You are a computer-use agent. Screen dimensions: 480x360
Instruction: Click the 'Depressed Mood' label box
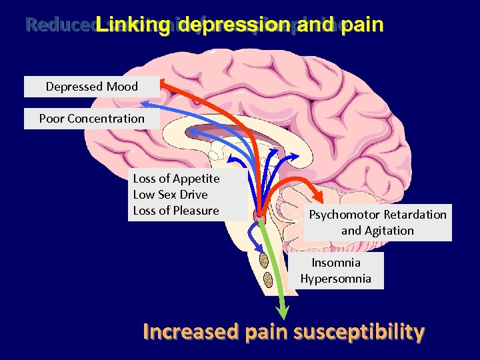pos(92,87)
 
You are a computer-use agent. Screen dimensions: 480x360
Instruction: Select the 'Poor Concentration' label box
pos(92,119)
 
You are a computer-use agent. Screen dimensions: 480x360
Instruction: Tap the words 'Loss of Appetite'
pos(176,179)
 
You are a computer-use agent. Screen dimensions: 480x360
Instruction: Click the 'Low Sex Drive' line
pos(171,195)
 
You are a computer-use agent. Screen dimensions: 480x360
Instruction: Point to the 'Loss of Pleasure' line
pos(176,211)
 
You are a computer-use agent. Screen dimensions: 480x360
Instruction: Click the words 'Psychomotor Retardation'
pos(377,215)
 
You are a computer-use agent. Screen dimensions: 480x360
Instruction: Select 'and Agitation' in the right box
pos(377,231)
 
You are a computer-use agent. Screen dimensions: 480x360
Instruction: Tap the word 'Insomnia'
pos(336,263)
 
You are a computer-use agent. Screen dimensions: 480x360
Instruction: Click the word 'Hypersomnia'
pos(335,279)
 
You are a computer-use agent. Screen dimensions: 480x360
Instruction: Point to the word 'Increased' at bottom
pos(189,331)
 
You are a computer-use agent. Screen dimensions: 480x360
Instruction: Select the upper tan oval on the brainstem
pos(264,260)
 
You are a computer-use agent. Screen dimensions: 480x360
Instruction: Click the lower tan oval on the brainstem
pos(268,280)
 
